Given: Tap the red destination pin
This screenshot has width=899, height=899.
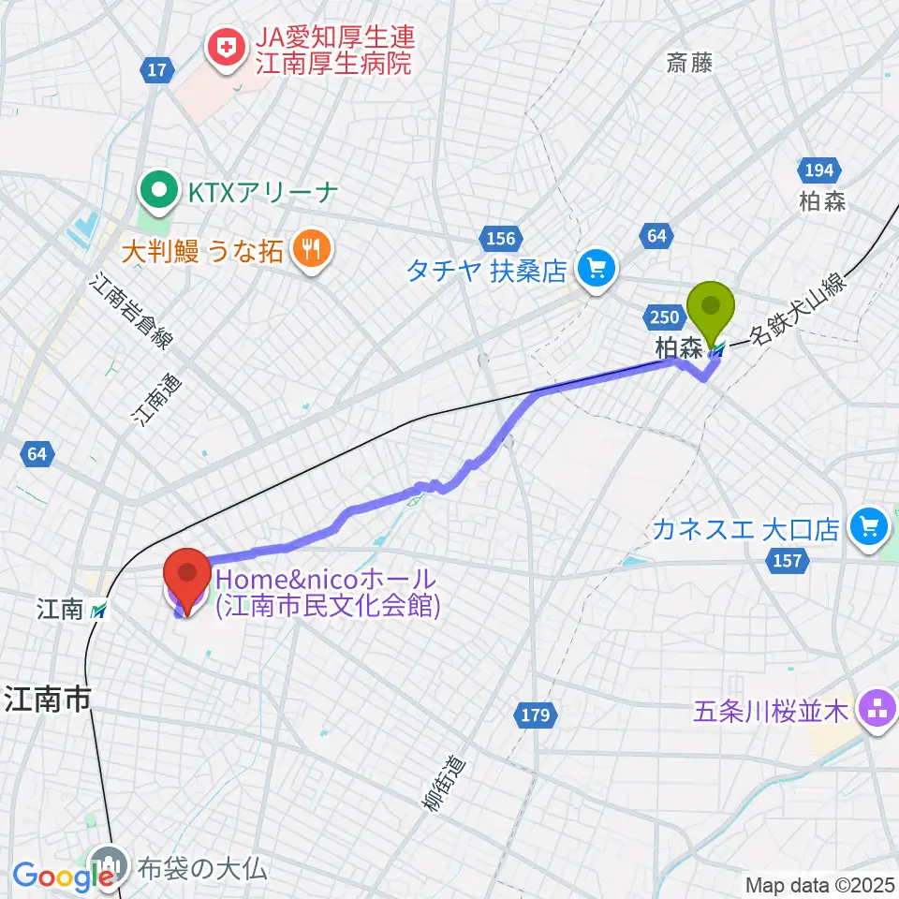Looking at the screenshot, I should (186, 574).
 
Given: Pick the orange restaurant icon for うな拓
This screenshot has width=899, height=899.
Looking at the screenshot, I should (308, 248).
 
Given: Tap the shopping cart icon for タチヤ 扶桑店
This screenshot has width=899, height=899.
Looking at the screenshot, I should (595, 270).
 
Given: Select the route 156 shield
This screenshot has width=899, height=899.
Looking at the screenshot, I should (503, 237).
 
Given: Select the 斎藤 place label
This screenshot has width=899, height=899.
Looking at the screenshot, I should (689, 64).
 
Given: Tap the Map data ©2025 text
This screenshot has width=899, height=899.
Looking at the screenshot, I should (820, 884).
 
